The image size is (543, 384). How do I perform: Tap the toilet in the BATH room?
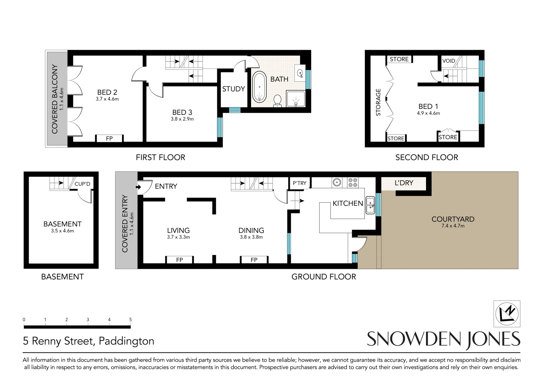coord(277,100)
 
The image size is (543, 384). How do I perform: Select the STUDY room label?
coord(234,89)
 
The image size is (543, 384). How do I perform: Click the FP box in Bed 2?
coord(109,139)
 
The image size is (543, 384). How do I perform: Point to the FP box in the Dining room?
coord(254,260)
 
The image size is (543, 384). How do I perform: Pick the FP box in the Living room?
coord(179,260)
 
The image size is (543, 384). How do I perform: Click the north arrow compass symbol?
coord(507,314)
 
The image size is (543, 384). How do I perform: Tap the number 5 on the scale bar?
coord(131,320)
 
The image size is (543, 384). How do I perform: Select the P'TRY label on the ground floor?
coord(299,183)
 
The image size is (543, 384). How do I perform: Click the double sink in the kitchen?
coord(370,205)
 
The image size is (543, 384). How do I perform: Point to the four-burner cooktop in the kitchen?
coord(353,183)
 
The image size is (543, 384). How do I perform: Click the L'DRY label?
coord(404,183)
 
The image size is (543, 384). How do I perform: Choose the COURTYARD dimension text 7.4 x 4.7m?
coord(453,226)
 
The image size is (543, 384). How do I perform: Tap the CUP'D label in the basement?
coord(82,184)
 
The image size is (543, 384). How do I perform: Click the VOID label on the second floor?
coord(448,61)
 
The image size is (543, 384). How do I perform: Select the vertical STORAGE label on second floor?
coord(378,102)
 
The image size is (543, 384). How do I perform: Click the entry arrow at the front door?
coord(138,187)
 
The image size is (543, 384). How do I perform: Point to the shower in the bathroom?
coord(296,98)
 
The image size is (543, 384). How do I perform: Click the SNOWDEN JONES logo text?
coord(443,339)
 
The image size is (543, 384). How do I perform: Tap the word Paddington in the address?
coord(126,341)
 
